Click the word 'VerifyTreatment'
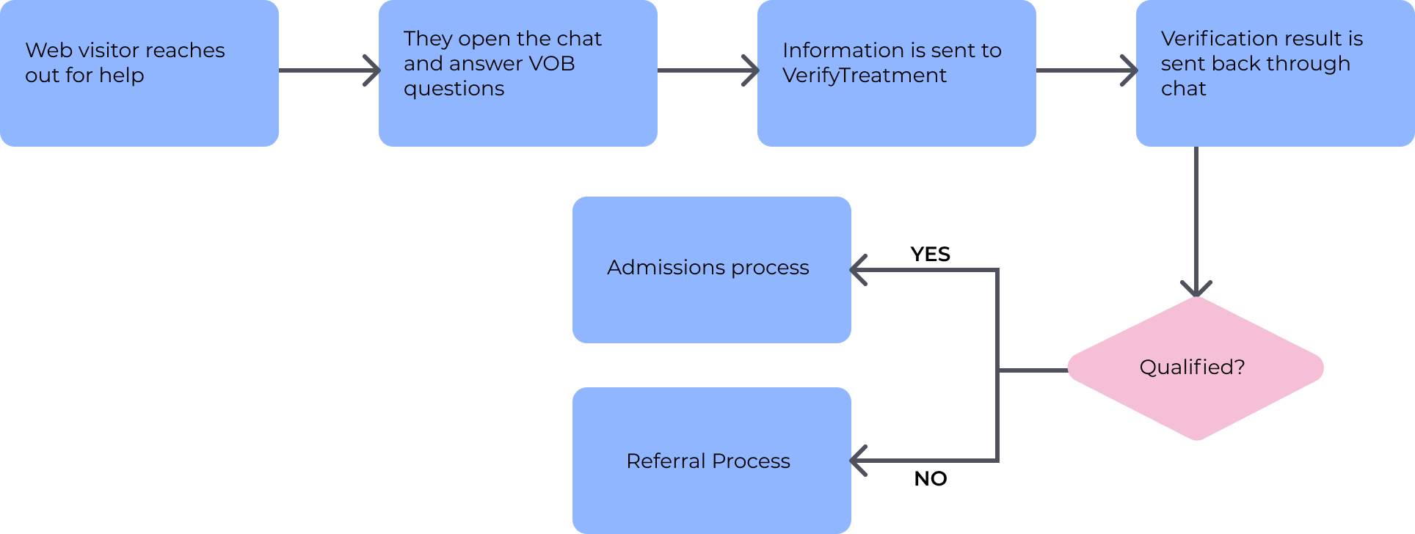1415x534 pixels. [x=864, y=76]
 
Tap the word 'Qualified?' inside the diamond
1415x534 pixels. [x=1192, y=367]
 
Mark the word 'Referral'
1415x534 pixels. [x=666, y=461]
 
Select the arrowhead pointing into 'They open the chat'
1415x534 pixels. [x=374, y=70]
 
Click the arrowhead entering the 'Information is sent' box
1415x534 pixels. [x=753, y=70]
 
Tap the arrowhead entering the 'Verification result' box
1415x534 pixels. [x=1132, y=70]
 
